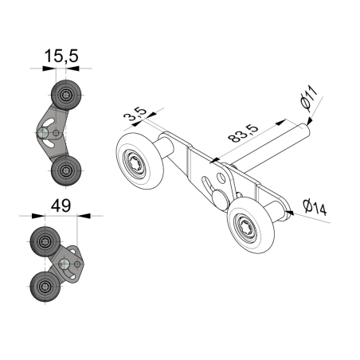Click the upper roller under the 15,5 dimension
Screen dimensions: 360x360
tap(63, 95)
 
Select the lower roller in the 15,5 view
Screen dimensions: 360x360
tap(63, 169)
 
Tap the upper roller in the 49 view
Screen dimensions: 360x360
tap(43, 240)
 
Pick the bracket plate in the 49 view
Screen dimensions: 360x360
tap(70, 263)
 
